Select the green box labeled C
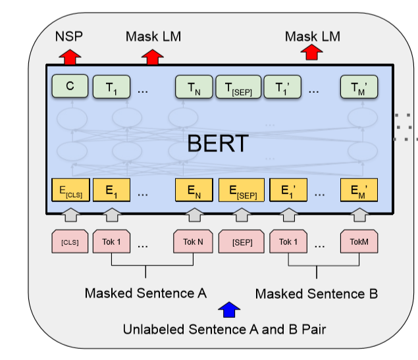point(70,86)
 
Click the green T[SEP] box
point(238,87)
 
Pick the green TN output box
point(192,87)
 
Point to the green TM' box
point(358,87)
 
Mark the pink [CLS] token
point(70,242)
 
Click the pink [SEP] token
point(242,242)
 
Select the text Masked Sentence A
point(145,293)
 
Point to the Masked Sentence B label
point(316,293)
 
